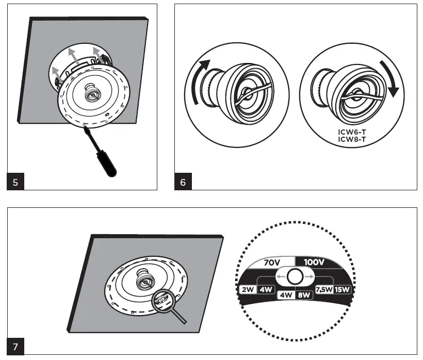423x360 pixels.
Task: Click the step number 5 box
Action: [x=15, y=183]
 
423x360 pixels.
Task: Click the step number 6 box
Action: [x=183, y=183]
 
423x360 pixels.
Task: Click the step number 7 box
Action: [x=15, y=346]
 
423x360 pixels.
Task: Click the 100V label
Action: [x=314, y=261]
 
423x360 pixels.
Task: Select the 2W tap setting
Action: [x=247, y=289]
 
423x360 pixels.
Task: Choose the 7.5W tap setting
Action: [x=324, y=289]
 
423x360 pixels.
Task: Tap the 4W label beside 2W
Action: [x=266, y=289]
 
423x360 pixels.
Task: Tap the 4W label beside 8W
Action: [x=285, y=296]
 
